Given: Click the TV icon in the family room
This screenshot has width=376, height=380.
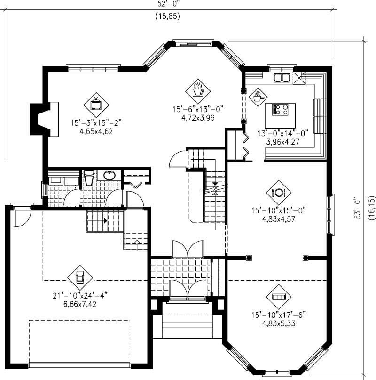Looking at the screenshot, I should pyautogui.click(x=96, y=104).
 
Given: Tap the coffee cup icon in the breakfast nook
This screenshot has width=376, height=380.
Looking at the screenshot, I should pyautogui.click(x=198, y=89).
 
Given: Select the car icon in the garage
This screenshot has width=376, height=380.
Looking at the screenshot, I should pyautogui.click(x=79, y=278).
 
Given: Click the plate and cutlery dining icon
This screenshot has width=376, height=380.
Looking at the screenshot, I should pyautogui.click(x=277, y=192).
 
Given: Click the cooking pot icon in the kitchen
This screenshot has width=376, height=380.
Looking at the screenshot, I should pyautogui.click(x=258, y=97).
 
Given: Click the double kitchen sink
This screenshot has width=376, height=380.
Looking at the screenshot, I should pyautogui.click(x=282, y=78).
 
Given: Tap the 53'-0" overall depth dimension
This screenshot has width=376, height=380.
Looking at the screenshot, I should pyautogui.click(x=358, y=208).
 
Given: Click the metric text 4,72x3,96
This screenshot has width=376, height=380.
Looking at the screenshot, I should pyautogui.click(x=198, y=118).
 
